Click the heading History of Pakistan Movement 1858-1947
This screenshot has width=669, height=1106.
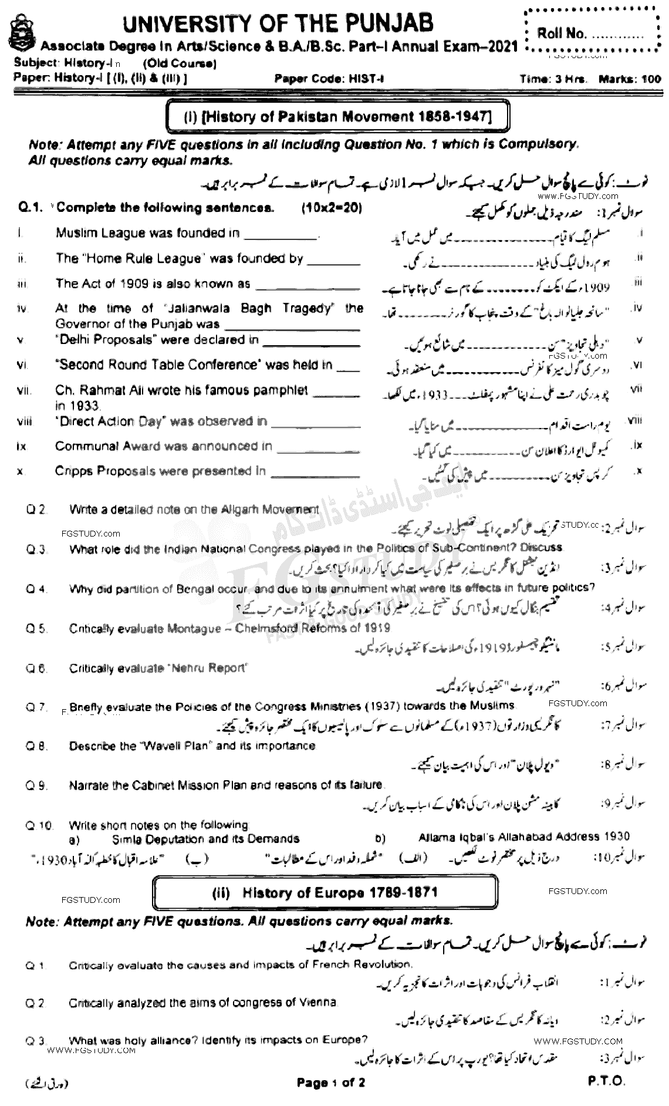pos(337,117)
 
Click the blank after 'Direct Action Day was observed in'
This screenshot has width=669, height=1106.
pos(316,423)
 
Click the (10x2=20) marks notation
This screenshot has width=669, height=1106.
pos(331,207)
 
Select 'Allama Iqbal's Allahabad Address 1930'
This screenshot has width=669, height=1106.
pos(524,837)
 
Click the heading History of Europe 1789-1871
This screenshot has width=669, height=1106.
pos(325,893)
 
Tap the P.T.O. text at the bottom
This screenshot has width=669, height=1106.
pos(605,1081)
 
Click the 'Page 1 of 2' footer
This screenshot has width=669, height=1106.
pos(330,1083)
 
